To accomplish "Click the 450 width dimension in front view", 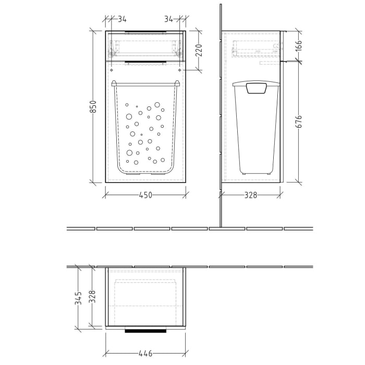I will point(145,195).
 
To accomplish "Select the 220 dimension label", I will point(198,51).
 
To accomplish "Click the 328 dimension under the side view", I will point(251,195).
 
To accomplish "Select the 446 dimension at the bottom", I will point(145,354).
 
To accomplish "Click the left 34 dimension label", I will point(122,19).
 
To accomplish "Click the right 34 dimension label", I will point(169,19).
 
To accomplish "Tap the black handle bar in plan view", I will point(145,331).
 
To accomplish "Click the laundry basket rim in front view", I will point(145,83).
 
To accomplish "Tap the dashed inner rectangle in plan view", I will point(145,282).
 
